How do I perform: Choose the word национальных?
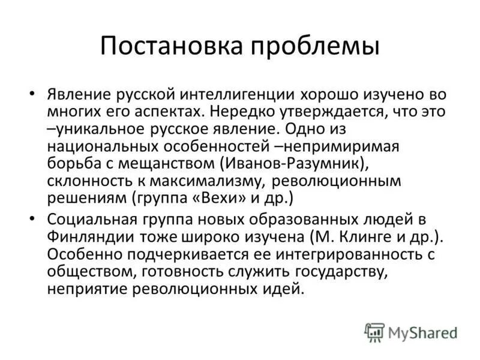pyautogui.click(x=99, y=146)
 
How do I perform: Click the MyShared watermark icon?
pyautogui.click(x=374, y=332)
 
